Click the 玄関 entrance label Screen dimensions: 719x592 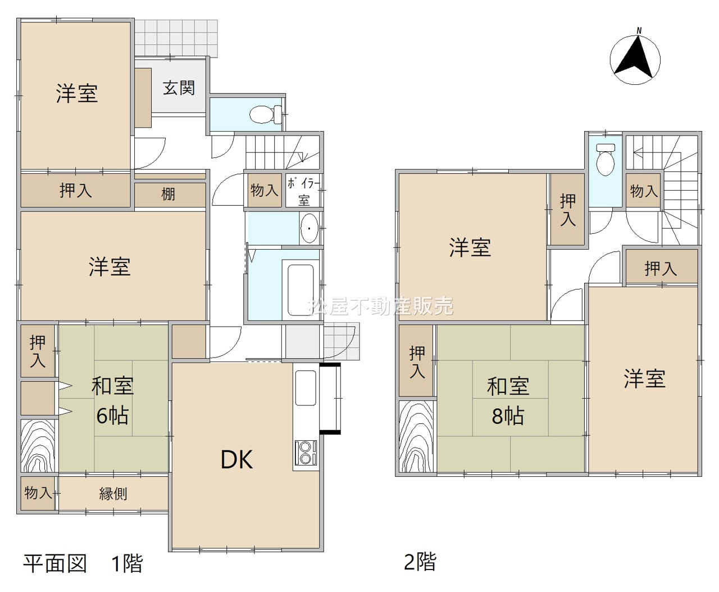click(x=179, y=88)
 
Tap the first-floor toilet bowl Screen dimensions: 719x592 click(x=266, y=114)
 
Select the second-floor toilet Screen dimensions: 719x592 click(x=606, y=159)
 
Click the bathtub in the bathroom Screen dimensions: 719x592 click(x=301, y=290)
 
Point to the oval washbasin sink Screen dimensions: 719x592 click(x=309, y=228)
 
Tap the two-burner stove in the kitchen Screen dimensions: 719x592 click(x=306, y=453)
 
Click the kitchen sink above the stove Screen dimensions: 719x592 click(x=306, y=388)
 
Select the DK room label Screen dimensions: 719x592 click(x=237, y=460)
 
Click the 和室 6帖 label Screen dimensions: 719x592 click(x=112, y=401)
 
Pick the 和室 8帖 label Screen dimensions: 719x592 click(x=508, y=401)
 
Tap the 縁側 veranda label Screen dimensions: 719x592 click(x=113, y=494)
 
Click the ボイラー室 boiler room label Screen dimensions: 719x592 click(x=304, y=192)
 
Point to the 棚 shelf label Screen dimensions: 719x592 click(x=168, y=194)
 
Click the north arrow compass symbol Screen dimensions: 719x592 click(x=635, y=59)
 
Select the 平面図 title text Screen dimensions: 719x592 click(x=55, y=563)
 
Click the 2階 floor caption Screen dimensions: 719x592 click(x=420, y=562)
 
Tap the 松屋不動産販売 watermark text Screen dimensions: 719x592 click(x=380, y=306)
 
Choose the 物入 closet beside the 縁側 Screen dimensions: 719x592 click(x=38, y=494)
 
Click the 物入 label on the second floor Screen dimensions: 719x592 click(x=644, y=191)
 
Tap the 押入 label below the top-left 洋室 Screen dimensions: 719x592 click(x=76, y=190)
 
